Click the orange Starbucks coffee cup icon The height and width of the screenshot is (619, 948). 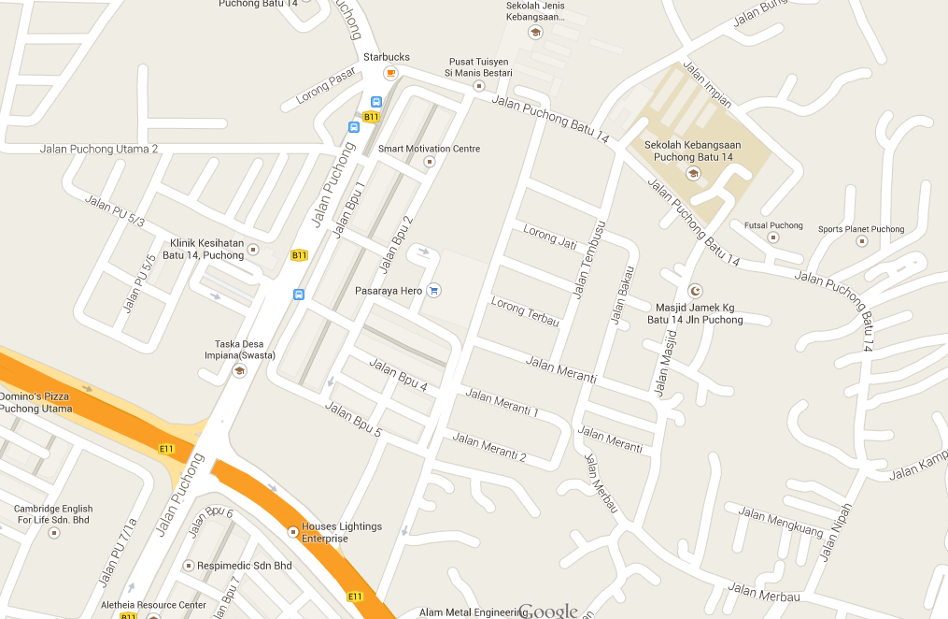(x=390, y=73)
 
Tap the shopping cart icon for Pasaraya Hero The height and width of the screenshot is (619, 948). (x=433, y=291)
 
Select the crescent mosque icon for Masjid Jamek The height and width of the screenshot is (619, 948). (x=694, y=291)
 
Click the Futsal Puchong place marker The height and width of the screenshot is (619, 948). (x=772, y=238)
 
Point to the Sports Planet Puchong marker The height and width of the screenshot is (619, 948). (x=861, y=241)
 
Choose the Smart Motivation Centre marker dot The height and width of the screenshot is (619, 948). (x=430, y=161)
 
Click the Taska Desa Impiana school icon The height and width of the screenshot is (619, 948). (x=239, y=370)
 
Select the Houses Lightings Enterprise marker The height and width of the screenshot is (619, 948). (x=292, y=532)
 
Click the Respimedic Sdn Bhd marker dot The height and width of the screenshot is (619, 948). (x=189, y=566)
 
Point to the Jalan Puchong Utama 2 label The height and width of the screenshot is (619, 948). (x=99, y=149)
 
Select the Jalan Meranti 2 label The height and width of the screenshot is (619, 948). (x=489, y=448)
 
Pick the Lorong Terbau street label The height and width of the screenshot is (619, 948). (x=525, y=312)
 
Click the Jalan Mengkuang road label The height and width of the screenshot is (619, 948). (x=781, y=522)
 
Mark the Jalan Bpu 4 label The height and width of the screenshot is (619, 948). (x=398, y=375)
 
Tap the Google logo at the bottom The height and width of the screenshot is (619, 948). (x=548, y=611)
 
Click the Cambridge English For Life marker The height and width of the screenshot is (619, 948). (x=53, y=533)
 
